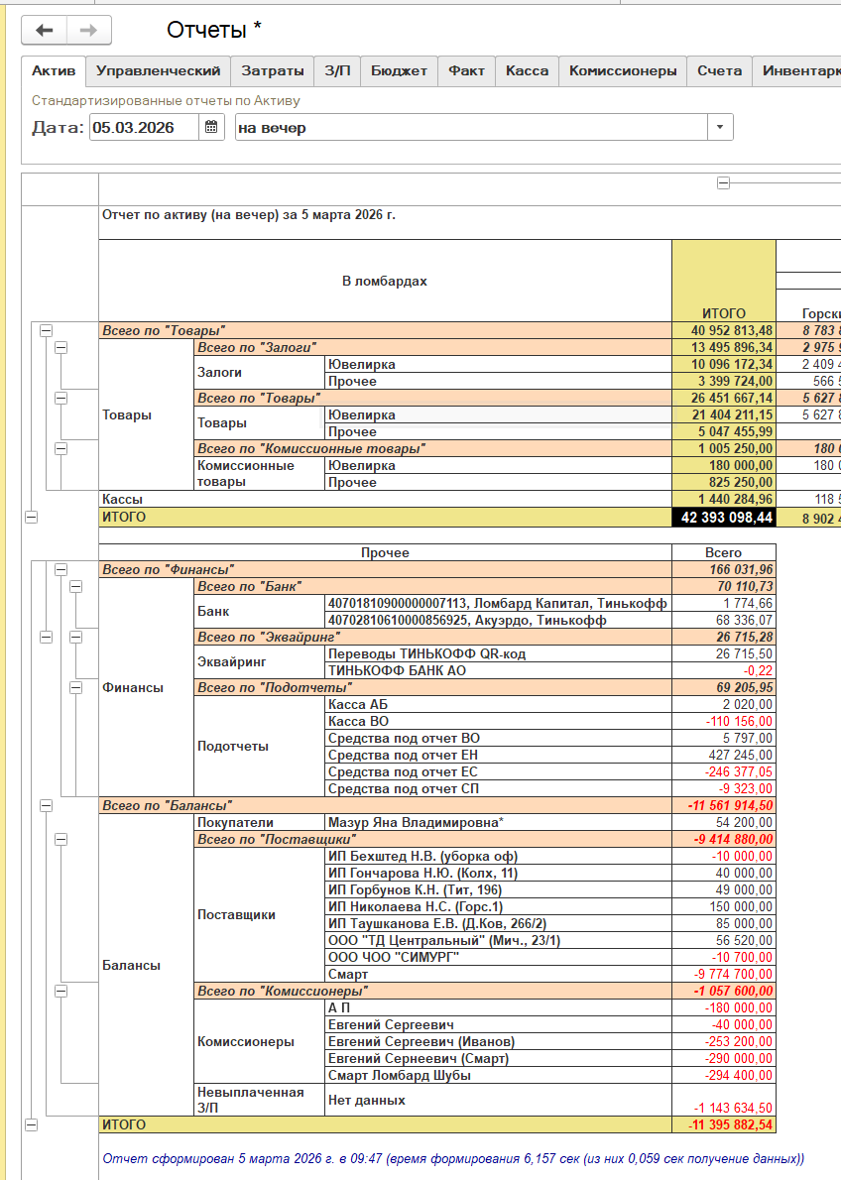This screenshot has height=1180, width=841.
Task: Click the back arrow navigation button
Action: coord(45,31)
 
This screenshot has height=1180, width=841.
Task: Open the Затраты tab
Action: coord(273,70)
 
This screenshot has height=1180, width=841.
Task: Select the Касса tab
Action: coord(527,70)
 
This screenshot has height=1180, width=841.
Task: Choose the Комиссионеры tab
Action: coord(623,70)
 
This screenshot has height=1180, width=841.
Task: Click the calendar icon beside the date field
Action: coord(211,127)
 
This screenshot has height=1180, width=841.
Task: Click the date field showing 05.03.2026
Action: coord(144,127)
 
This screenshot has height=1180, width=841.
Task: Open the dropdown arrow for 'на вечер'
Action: coord(719,127)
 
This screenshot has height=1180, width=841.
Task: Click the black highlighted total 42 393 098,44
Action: coord(724,518)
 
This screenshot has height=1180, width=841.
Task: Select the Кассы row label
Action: coord(122,500)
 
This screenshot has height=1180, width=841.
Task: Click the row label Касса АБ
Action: coord(358,704)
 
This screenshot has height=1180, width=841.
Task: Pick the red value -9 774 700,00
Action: coord(733,975)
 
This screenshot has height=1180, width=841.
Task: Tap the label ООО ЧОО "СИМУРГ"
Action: coord(394,958)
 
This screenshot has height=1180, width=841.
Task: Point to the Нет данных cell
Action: coord(366,1100)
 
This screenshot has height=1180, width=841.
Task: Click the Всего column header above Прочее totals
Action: coord(724,552)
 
